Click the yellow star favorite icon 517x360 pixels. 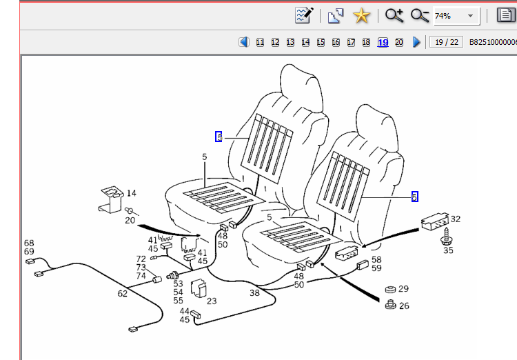coord(360,15)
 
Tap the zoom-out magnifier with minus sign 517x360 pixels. coord(420,15)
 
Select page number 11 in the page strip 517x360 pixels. coord(260,43)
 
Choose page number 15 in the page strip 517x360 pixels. coord(321,43)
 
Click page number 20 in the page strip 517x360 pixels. coord(398,43)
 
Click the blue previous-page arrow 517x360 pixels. coord(244,42)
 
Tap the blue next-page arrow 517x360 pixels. coord(416,42)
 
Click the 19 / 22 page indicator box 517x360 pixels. coord(446,42)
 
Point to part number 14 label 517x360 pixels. coord(132,193)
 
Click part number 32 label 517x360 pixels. coord(455,219)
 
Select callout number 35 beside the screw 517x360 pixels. coord(448,250)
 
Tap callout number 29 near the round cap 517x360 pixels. coord(403,289)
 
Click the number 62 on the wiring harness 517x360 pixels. coord(122,294)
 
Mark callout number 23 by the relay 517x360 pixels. coord(211,301)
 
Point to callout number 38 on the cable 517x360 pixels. coord(254,292)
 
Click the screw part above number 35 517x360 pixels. coord(445,237)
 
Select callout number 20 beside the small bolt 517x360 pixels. coord(130,221)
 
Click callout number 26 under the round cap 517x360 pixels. coord(403,306)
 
